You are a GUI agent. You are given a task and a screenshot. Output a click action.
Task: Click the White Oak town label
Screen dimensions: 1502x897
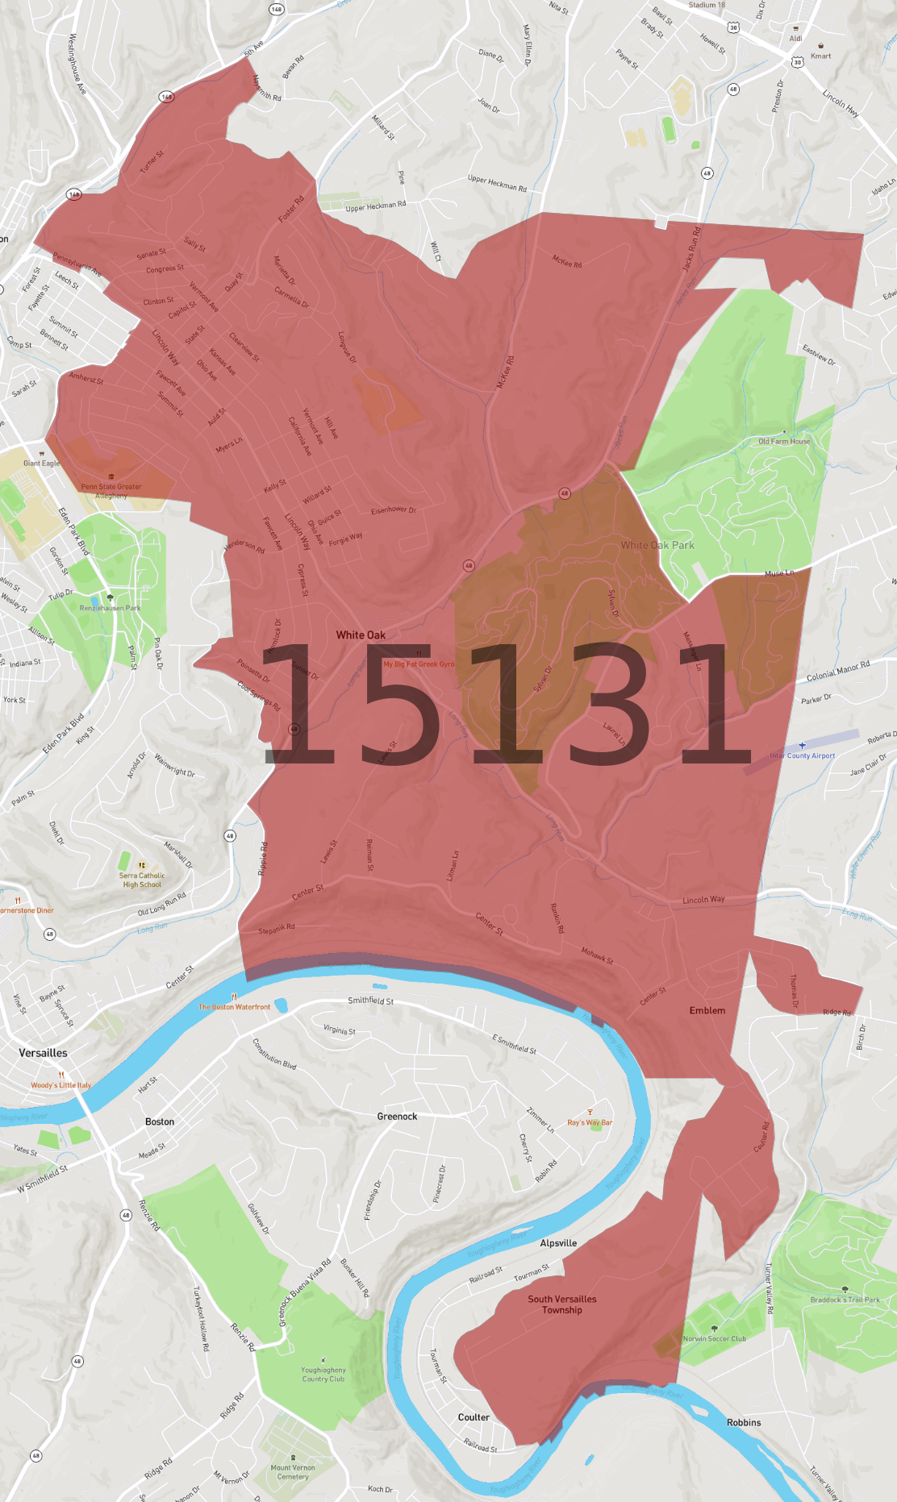[x=361, y=635]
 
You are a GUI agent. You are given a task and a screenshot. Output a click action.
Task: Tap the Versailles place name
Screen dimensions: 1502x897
[x=44, y=1053]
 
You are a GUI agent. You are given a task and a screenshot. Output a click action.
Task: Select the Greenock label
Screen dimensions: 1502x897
[x=397, y=1117]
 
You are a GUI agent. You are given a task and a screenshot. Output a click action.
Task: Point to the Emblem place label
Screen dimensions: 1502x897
[x=707, y=1010]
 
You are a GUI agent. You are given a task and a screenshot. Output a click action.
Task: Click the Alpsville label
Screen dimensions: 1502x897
[x=558, y=1243]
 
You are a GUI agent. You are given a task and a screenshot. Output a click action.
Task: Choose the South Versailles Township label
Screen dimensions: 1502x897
[x=562, y=1304]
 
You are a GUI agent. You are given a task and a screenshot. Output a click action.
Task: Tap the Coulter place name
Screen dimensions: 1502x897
[x=474, y=1417]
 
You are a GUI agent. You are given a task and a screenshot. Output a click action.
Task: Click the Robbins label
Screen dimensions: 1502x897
[x=744, y=1423]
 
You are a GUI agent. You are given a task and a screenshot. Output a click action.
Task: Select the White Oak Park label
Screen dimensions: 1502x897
[x=657, y=545]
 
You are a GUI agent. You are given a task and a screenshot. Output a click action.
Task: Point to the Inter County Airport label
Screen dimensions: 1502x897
[x=802, y=755]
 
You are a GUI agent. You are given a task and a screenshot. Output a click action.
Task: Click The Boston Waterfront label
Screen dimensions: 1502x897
[x=235, y=1007]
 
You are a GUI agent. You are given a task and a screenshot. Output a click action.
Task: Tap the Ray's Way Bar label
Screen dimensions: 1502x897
[x=590, y=1122]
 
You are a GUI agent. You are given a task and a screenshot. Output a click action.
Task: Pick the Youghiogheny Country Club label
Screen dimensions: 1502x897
[x=323, y=1374]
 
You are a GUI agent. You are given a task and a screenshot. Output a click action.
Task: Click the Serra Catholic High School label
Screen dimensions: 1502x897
[x=142, y=880]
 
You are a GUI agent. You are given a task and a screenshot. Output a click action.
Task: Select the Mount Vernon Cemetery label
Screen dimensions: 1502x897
[x=293, y=1472]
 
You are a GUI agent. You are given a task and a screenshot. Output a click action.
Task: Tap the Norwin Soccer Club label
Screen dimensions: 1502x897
[x=715, y=1338]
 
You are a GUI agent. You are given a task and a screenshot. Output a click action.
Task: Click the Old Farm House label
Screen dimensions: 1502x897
[x=784, y=441]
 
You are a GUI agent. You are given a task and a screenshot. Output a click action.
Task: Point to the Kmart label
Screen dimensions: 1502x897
[x=820, y=56]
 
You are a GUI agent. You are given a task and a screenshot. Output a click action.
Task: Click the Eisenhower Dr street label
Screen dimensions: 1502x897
[x=394, y=510]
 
